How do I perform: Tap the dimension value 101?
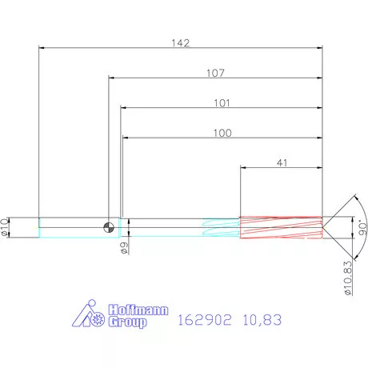tap(222, 103)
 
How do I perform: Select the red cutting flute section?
tap(280, 227)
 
